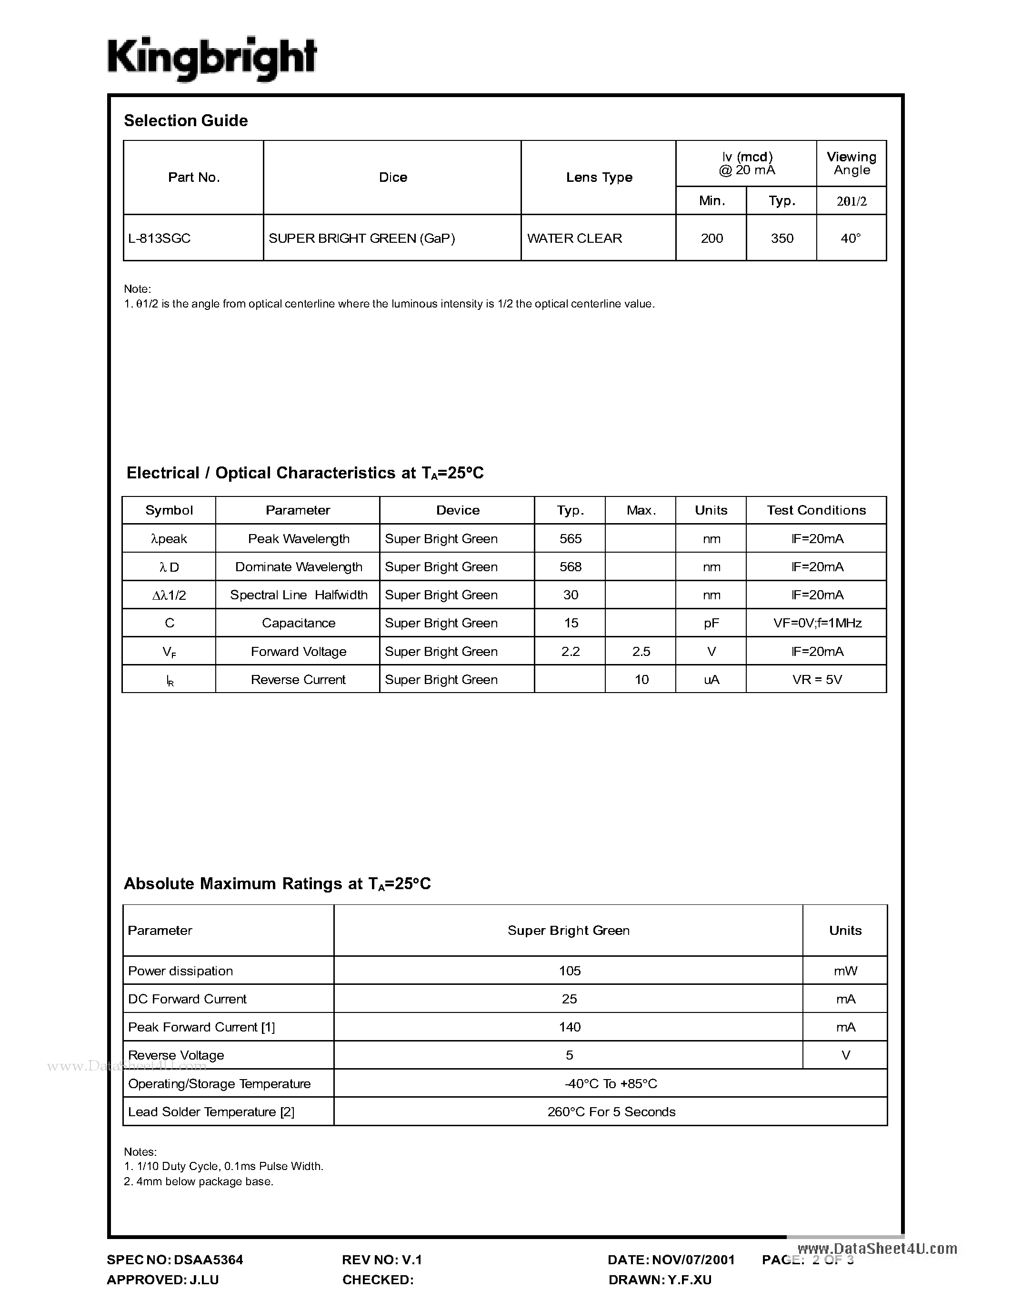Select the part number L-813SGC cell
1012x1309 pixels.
pyautogui.click(x=160, y=238)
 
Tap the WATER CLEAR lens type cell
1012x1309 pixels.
pyautogui.click(x=574, y=238)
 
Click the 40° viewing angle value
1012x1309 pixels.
pyautogui.click(x=851, y=238)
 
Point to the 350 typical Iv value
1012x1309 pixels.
pyautogui.click(x=782, y=238)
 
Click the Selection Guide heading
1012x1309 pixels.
pyautogui.click(x=186, y=121)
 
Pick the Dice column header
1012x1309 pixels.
pyautogui.click(x=393, y=178)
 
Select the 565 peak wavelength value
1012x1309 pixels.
pyautogui.click(x=570, y=539)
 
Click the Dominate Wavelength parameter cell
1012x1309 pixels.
pyautogui.click(x=299, y=567)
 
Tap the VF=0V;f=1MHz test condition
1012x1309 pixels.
pyautogui.click(x=817, y=624)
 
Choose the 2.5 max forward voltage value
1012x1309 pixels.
pyautogui.click(x=641, y=652)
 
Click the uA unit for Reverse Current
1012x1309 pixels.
pyautogui.click(x=711, y=680)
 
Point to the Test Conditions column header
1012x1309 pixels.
pyautogui.click(x=816, y=511)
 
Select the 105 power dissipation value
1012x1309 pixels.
pyautogui.click(x=570, y=971)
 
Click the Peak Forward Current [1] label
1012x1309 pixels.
pyautogui.click(x=201, y=1027)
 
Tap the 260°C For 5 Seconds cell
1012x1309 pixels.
pyautogui.click(x=611, y=1112)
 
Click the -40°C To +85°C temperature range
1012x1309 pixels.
pyautogui.click(x=611, y=1084)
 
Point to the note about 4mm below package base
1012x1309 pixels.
pyautogui.click(x=199, y=1181)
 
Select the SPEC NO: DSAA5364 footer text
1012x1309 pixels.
pyautogui.click(x=175, y=1260)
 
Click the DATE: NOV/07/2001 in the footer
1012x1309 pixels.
pyautogui.click(x=671, y=1260)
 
